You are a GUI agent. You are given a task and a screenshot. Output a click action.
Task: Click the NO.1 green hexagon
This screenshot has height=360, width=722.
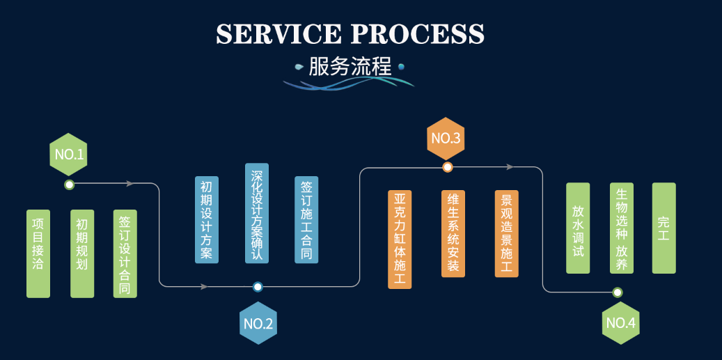68,154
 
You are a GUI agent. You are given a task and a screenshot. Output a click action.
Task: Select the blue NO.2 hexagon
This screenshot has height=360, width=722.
258,323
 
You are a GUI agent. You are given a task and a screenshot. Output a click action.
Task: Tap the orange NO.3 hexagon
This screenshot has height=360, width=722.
446,138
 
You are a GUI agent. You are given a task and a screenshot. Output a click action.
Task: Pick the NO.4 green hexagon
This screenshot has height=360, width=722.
620,323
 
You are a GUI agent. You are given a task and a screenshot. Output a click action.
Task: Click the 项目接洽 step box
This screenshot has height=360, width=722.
38,253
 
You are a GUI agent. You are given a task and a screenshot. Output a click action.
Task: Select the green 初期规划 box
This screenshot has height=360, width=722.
82,253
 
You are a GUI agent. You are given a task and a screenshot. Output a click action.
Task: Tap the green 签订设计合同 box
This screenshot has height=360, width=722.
125,253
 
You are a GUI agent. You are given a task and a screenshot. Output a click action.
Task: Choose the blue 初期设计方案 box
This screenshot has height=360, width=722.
207,219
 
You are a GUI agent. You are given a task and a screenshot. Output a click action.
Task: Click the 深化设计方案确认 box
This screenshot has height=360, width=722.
257,213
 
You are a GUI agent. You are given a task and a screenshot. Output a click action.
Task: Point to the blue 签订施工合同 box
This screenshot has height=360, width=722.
306,219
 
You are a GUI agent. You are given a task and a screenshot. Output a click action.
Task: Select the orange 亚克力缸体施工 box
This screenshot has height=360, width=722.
400,239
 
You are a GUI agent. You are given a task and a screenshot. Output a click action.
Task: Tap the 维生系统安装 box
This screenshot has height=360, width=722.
453,233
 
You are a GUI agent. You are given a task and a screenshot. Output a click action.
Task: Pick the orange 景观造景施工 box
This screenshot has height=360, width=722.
506,233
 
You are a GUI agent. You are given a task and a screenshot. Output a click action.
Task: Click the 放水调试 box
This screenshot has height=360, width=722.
578,228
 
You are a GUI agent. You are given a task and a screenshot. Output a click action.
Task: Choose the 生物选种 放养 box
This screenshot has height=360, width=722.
622,228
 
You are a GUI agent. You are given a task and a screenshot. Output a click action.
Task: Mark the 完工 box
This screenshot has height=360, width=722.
664,228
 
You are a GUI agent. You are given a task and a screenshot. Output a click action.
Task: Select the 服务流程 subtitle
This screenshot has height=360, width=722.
350,68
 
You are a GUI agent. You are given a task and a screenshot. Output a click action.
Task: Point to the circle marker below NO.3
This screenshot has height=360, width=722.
448,167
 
